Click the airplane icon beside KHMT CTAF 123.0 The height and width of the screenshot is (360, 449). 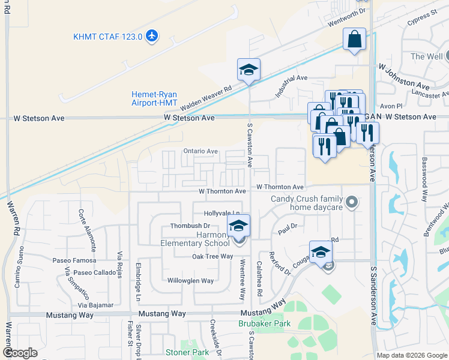tap(151, 36)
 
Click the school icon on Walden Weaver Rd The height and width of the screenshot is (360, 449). tap(249, 70)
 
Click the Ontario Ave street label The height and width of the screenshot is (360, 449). tap(200, 152)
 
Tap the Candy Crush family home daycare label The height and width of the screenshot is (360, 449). tap(306, 203)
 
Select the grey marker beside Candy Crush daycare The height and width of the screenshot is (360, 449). tap(352, 202)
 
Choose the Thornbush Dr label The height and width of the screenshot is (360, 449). tap(188, 226)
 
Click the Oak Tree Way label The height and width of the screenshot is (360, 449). tap(212, 256)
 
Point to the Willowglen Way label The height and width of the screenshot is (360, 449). tap(190, 281)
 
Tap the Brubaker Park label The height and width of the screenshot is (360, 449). tap(264, 323)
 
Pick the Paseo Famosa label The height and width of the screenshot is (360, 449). tap(74, 260)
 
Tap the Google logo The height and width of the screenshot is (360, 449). tap(20, 353)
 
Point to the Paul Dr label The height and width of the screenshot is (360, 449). tap(284, 229)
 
